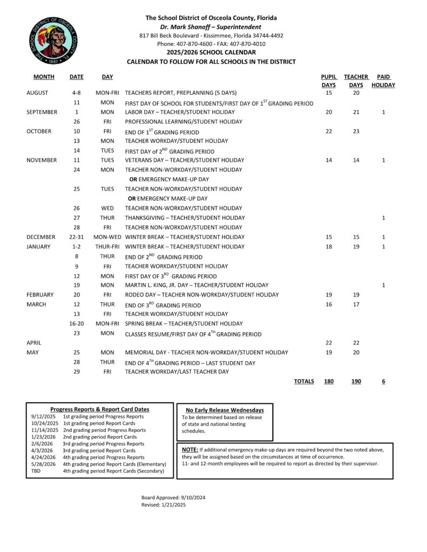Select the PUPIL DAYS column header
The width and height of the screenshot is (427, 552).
pos(328,81)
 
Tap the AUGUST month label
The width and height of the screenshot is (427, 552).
pos(37,93)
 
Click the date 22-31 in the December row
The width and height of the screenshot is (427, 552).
pos(76,237)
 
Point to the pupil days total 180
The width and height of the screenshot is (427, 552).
pos(328,382)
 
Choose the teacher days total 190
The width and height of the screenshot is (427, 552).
pos(356,382)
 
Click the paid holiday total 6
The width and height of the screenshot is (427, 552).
pos(383,382)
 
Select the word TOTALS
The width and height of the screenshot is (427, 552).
pos(304,382)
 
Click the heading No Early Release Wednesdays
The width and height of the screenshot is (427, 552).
pos(225,410)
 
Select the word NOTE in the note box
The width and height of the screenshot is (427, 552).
pos(189,449)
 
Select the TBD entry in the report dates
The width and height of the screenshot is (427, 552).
pos(36,471)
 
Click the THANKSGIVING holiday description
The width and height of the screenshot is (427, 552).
pos(185,218)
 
